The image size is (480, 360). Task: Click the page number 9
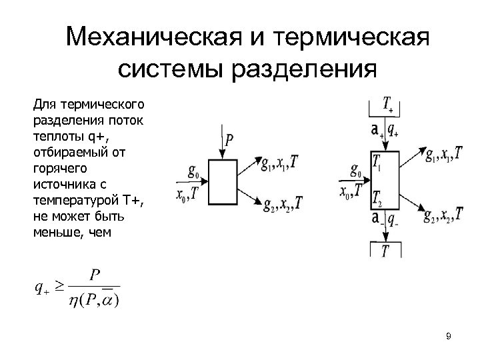(x=449, y=336)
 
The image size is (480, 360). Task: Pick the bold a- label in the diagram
(x=377, y=219)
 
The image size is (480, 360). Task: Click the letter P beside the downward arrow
(x=229, y=139)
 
